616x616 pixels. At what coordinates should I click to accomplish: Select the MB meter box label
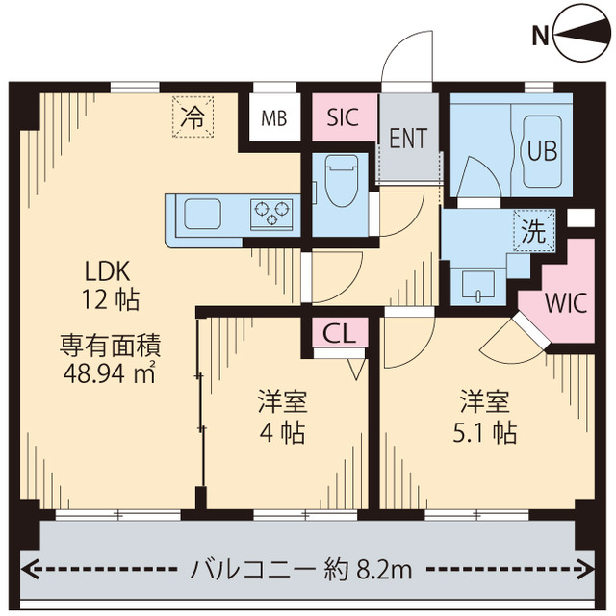273,119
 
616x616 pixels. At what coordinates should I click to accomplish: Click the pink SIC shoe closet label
343,117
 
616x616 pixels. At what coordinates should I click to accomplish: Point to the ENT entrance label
408,138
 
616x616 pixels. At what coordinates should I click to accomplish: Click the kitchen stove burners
272,212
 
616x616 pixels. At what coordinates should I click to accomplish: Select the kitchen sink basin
204,213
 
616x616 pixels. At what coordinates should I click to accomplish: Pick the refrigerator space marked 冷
192,118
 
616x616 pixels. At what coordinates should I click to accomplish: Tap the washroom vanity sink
476,284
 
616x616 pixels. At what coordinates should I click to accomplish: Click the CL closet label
339,334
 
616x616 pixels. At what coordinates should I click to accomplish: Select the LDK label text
112,269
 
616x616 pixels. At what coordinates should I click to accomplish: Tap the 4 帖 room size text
282,432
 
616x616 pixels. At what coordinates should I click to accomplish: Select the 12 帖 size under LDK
112,298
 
